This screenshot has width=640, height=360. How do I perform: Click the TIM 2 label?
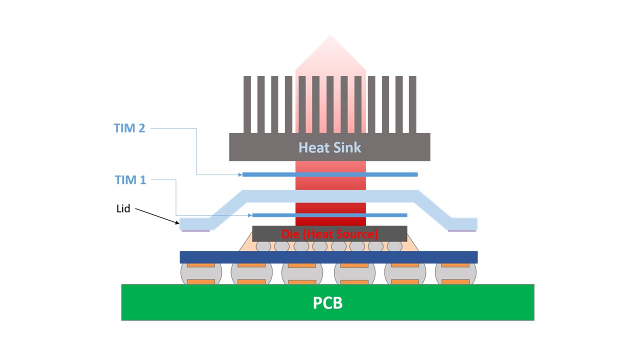[x=129, y=128]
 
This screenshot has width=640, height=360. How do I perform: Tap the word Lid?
[x=123, y=208]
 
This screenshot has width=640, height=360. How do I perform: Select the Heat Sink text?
[x=329, y=147]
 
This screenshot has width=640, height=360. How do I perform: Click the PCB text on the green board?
[x=327, y=303]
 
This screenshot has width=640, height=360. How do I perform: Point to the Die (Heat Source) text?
[x=329, y=234]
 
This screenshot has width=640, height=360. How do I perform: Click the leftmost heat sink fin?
[x=247, y=104]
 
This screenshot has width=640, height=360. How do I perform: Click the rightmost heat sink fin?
[x=412, y=104]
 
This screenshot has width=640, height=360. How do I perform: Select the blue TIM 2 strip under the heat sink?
[x=270, y=174]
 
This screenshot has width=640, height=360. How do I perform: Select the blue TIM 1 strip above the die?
[x=275, y=215]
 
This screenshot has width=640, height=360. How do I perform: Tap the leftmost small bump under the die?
[x=263, y=246]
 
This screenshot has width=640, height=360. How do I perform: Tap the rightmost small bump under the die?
[x=394, y=246]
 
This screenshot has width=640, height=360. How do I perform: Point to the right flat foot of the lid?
[x=462, y=223]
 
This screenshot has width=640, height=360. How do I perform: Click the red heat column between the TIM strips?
[x=330, y=195]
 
